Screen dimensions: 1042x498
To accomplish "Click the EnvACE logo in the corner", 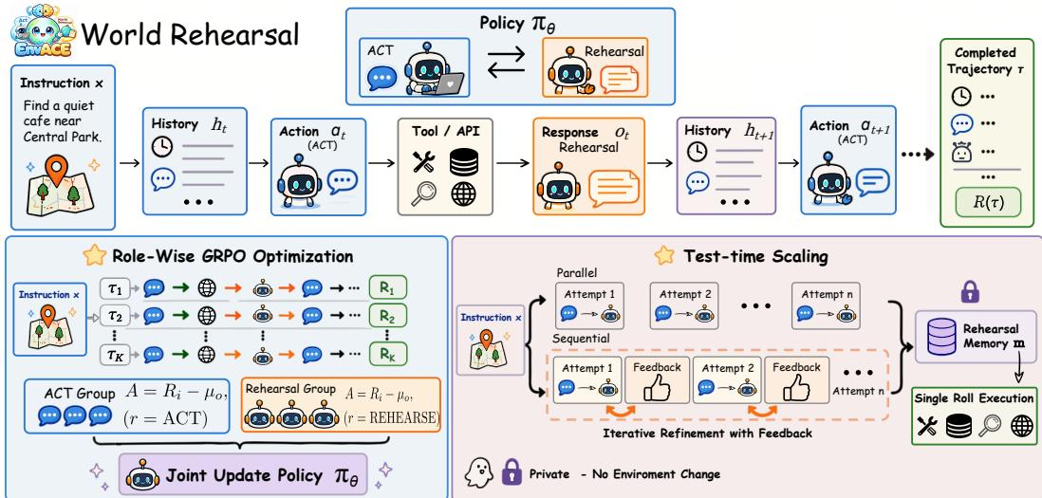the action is pos(41,33).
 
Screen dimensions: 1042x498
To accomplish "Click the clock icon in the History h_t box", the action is pos(161,147).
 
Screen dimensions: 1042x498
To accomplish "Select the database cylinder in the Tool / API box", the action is pos(463,162).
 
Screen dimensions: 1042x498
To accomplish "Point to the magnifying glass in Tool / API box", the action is pos(423,194).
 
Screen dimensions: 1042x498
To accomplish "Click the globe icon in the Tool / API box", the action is pos(463,194).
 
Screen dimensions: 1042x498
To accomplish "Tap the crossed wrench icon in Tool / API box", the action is pos(423,161).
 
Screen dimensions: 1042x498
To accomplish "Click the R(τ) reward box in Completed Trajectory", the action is pos(989,203).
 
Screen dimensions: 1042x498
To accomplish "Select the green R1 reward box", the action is pos(387,288).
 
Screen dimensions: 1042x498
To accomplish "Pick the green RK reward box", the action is pos(387,354).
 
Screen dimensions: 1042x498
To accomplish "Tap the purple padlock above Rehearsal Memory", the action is pos(971,291).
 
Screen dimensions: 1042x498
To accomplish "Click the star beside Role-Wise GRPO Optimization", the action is pos(94,255).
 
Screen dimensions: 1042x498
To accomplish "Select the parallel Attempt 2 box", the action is pos(684,305).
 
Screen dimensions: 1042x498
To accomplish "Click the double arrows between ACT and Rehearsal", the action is pos(507,62).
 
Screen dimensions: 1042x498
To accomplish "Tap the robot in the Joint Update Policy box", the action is pos(141,474).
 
